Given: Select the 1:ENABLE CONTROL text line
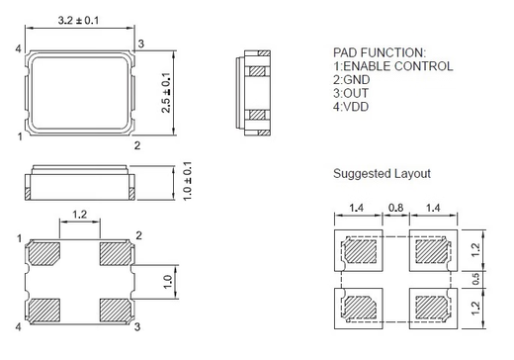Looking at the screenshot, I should pos(392,65).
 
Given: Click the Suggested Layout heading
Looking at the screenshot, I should pos(382,173).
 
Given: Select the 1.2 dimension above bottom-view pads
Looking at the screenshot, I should pos(81,213).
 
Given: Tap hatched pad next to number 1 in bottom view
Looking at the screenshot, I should pos(45,254).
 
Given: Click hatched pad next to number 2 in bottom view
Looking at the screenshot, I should pos(117,254).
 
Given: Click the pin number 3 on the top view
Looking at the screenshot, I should pos(141,43).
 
